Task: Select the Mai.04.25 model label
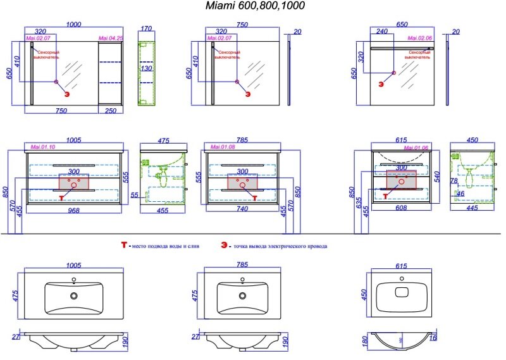coord(111,39)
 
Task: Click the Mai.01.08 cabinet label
coord(220,147)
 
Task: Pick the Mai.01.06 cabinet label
coord(386,147)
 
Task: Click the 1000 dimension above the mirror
coord(73,25)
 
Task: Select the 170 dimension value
coord(147,28)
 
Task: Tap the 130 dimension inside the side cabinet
coord(147,68)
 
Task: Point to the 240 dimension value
coord(383,30)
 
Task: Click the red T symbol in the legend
coord(124,245)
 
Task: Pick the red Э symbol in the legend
coord(224,245)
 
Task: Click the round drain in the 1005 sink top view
coord(74,295)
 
